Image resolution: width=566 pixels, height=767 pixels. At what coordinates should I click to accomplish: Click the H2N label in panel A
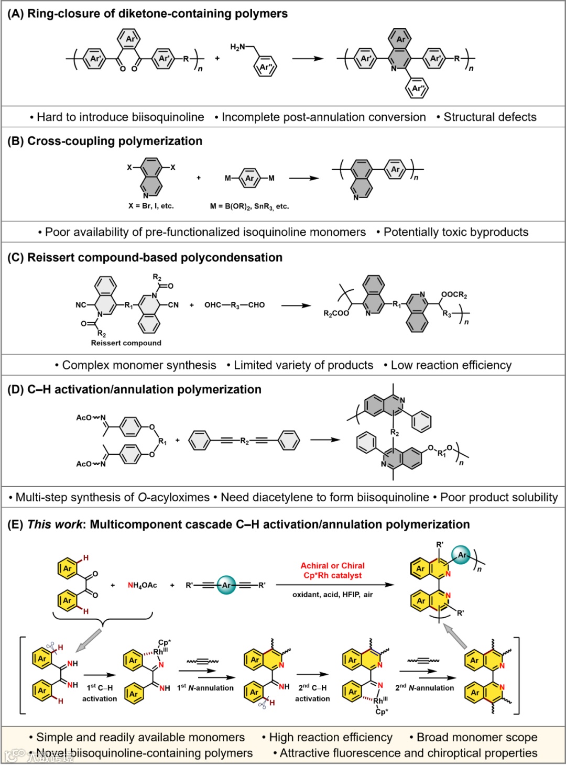237,47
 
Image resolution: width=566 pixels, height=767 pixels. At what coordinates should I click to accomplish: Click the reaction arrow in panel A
308,59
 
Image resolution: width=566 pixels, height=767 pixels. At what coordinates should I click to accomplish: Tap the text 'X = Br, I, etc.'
151,206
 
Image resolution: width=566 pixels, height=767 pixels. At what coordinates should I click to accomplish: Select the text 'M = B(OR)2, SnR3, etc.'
249,206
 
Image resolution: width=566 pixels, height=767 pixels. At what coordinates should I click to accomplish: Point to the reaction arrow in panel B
303,178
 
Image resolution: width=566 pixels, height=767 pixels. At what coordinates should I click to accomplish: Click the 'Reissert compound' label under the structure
126,343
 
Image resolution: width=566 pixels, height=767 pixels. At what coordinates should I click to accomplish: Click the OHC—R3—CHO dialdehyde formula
234,305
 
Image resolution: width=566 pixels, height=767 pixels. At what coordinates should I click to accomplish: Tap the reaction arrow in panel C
296,305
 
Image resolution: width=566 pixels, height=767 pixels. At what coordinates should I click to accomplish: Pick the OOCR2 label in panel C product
454,295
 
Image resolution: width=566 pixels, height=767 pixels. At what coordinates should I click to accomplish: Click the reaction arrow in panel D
325,440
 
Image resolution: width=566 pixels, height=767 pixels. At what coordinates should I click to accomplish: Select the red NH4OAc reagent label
142,585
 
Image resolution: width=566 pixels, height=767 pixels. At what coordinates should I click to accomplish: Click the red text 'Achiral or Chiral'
332,565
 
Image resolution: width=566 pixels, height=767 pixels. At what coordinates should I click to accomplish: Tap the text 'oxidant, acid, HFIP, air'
332,595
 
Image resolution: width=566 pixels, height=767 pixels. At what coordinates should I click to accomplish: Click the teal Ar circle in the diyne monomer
226,585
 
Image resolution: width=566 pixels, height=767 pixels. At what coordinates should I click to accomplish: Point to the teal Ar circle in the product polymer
462,555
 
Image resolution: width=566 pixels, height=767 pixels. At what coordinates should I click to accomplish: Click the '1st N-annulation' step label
205,688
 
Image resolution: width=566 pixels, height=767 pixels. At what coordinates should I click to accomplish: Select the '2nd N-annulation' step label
424,688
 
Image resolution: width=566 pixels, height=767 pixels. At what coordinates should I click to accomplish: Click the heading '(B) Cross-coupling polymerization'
105,141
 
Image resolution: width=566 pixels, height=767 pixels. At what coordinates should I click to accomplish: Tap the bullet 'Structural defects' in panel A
489,117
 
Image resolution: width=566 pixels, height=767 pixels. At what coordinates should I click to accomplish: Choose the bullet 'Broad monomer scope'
476,737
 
